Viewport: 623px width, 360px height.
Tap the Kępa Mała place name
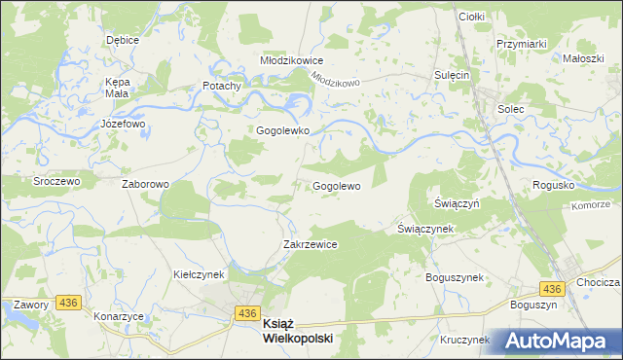118,88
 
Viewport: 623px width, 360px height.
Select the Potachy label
221,86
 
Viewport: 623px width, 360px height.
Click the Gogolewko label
282,129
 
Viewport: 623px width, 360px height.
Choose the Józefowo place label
123,125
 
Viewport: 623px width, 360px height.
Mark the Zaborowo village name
145,183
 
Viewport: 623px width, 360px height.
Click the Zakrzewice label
310,244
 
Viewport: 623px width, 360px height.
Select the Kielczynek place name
200,274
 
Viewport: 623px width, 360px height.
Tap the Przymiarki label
521,44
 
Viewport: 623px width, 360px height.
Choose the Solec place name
511,108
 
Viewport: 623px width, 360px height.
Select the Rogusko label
553,185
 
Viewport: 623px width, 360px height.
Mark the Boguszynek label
455,277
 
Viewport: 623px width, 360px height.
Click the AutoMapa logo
560,340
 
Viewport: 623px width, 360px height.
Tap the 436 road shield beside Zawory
67,304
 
